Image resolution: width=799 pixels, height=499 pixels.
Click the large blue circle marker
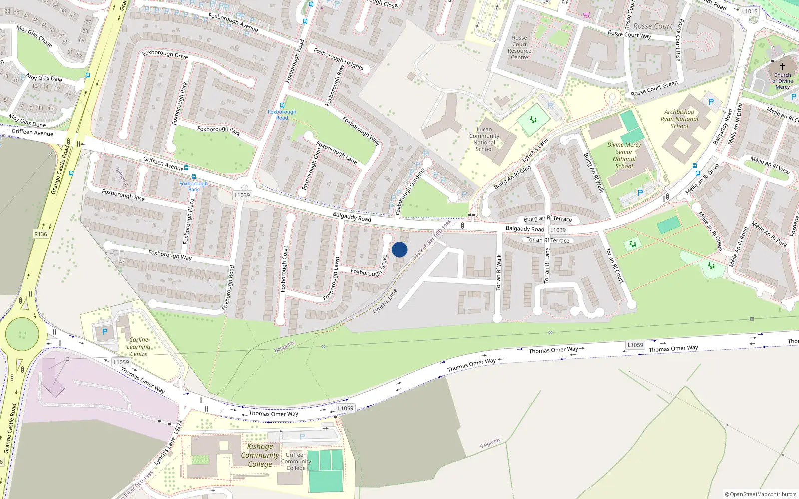(x=399, y=249)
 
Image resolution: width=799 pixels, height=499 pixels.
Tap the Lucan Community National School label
(x=484, y=139)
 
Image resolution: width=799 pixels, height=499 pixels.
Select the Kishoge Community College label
(x=260, y=455)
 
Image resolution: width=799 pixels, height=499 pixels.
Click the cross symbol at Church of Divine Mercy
(x=782, y=66)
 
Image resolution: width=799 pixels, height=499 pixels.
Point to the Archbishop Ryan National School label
(x=679, y=119)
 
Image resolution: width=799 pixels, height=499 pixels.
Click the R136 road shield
(x=41, y=234)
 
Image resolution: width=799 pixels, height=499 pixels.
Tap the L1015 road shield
(x=749, y=11)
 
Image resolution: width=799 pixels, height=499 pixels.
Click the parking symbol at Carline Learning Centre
(x=105, y=332)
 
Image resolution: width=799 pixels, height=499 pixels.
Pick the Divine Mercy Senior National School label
(x=624, y=155)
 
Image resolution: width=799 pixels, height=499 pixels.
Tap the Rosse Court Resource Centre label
(x=519, y=47)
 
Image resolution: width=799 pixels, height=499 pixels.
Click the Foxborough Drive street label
(x=165, y=54)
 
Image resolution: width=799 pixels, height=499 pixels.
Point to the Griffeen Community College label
(x=296, y=461)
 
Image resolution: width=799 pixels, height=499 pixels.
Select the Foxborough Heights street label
(x=338, y=59)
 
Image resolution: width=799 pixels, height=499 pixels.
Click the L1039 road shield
(x=242, y=195)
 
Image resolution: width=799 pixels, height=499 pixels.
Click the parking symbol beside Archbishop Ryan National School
(x=711, y=102)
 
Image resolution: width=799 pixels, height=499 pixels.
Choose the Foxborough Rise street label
(x=123, y=195)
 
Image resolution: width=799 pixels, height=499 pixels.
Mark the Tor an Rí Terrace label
(x=548, y=240)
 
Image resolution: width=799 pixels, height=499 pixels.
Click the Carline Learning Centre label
(x=138, y=347)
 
